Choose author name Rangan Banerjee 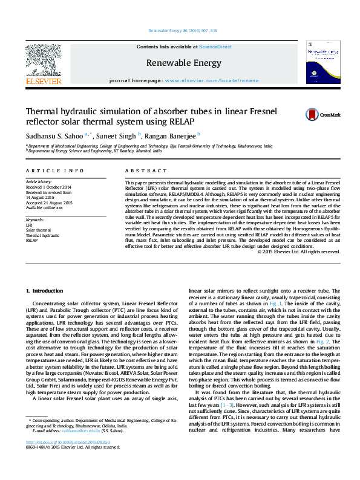[x=170, y=135]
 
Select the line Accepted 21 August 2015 [x=48, y=202]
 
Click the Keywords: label [x=35, y=219]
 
